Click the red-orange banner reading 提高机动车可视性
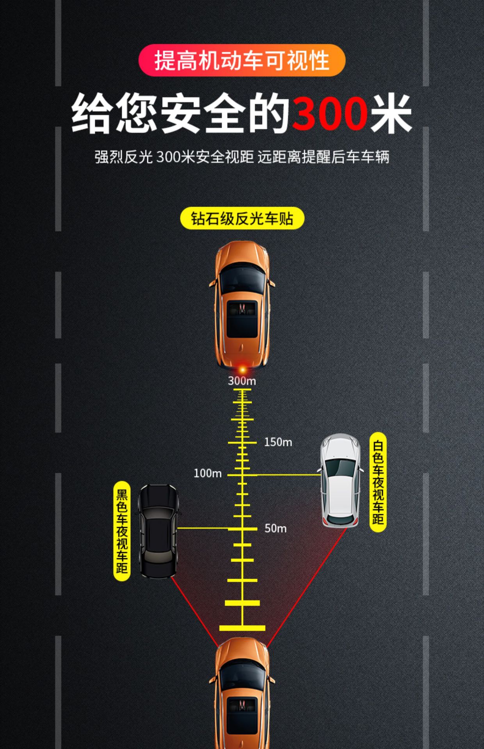[x=242, y=60]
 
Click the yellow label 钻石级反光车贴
[x=242, y=218]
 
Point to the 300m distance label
[x=242, y=381]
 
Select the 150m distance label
[x=278, y=442]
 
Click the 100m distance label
[x=208, y=473]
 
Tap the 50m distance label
[x=276, y=528]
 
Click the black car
[x=158, y=531]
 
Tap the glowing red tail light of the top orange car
[x=243, y=368]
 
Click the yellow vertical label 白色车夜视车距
[x=378, y=482]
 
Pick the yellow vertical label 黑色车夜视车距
[x=122, y=531]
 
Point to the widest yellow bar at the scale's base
[x=242, y=628]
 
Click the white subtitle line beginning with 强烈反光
[x=242, y=157]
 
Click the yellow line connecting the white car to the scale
[x=289, y=475]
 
